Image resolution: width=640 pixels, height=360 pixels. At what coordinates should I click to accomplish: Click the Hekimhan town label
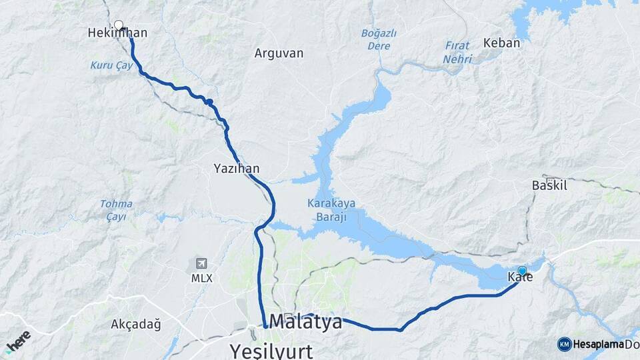point(117,33)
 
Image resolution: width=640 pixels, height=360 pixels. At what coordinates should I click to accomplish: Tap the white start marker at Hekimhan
point(119,25)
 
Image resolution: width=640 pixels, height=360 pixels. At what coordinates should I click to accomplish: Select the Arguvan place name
point(279,53)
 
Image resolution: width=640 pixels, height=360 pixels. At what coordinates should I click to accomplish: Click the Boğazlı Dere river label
point(379,39)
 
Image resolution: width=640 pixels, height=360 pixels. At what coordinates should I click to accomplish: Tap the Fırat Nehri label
point(457,53)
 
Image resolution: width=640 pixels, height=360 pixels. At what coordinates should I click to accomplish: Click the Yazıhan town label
point(237,168)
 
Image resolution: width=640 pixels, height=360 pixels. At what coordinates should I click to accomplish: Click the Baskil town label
point(549,185)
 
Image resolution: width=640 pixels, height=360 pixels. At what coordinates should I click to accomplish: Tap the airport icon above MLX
point(201,263)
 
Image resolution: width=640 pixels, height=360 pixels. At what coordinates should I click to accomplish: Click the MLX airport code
point(201,279)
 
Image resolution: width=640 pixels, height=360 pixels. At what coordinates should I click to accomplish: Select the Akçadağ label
point(136,325)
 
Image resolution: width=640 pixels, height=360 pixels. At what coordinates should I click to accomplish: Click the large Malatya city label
point(306,322)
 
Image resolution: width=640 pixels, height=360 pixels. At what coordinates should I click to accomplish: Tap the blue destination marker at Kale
point(522,271)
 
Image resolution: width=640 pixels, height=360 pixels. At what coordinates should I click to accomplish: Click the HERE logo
point(18,340)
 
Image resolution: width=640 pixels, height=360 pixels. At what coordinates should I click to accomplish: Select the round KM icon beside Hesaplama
point(564,344)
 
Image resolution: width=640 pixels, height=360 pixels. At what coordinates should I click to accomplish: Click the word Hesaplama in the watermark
point(598,344)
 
